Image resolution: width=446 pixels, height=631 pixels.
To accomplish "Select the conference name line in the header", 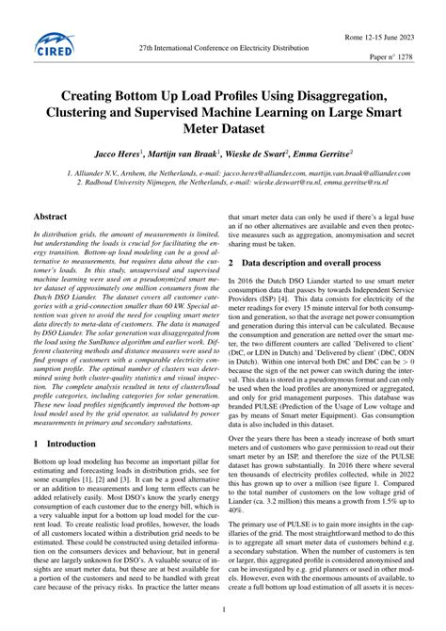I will (x=223, y=45).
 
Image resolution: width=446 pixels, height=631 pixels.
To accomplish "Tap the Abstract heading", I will (x=52, y=217).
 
